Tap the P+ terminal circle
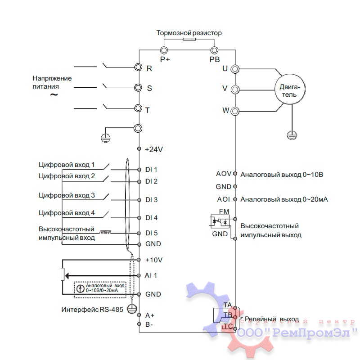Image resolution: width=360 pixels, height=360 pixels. pyautogui.click(x=164, y=49)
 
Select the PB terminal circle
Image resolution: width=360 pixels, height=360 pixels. pyautogui.click(x=214, y=49)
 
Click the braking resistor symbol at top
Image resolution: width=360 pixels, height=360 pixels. pyautogui.click(x=189, y=40)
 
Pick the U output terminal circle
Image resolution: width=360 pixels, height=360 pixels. pyautogui.click(x=234, y=69)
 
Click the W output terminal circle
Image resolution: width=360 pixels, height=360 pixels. pyautogui.click(x=234, y=110)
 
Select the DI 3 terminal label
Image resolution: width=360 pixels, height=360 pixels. pyautogui.click(x=151, y=200)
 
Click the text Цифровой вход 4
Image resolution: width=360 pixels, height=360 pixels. pyautogui.click(x=67, y=213)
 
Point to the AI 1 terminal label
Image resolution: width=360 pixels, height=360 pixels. pyautogui.click(x=151, y=274)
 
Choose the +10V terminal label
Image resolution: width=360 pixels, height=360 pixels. pyautogui.click(x=153, y=260)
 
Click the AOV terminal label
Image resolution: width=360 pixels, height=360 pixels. pyautogui.click(x=223, y=174)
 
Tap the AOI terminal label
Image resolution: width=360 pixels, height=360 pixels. pyautogui.click(x=224, y=199)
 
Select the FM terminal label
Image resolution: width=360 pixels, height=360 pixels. pyautogui.click(x=224, y=211)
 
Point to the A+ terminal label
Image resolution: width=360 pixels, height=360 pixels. pyautogui.click(x=150, y=315)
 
